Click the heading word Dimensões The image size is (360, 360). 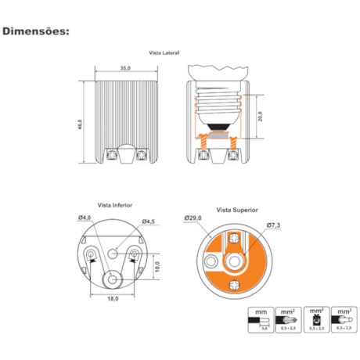pos(37,32)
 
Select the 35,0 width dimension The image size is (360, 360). pos(124,69)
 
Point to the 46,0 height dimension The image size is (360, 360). pos(79,122)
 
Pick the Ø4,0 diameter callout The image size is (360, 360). pos(85,217)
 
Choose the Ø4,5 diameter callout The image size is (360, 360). pos(147,222)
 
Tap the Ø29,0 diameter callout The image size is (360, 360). pos(193,217)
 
